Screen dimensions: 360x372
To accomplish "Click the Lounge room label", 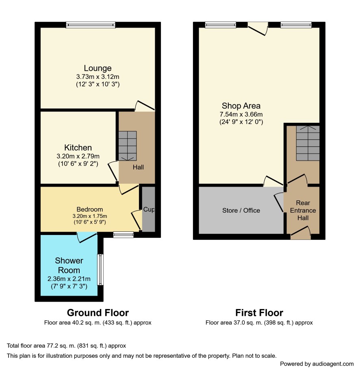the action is (x=98, y=68).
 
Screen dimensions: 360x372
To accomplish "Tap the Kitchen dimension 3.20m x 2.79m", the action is (x=78, y=157).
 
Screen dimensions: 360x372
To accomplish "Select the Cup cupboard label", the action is (x=149, y=209).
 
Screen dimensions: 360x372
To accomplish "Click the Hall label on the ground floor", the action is (x=138, y=167).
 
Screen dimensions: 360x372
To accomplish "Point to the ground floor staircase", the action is (x=128, y=146).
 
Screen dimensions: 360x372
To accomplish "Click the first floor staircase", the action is (x=308, y=143).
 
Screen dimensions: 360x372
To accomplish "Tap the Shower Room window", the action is (x=100, y=270).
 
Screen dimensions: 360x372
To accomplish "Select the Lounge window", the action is (x=91, y=25).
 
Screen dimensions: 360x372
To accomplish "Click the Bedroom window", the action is (x=124, y=235).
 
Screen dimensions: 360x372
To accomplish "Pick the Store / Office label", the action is (x=241, y=211).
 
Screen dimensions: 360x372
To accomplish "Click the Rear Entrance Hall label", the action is (x=303, y=211).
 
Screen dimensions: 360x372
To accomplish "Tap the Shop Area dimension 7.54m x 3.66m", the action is (x=241, y=114).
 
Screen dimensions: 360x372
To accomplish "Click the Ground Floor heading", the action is (x=98, y=313).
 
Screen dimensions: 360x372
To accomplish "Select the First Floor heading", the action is (x=259, y=313).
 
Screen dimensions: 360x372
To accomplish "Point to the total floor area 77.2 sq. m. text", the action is (x=66, y=346).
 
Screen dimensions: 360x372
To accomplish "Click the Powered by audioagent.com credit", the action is (x=317, y=364).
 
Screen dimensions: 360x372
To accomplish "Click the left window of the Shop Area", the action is (x=221, y=25).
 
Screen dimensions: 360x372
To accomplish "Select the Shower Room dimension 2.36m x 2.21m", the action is (x=69, y=279).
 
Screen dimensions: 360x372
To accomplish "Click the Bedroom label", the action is (x=90, y=209).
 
